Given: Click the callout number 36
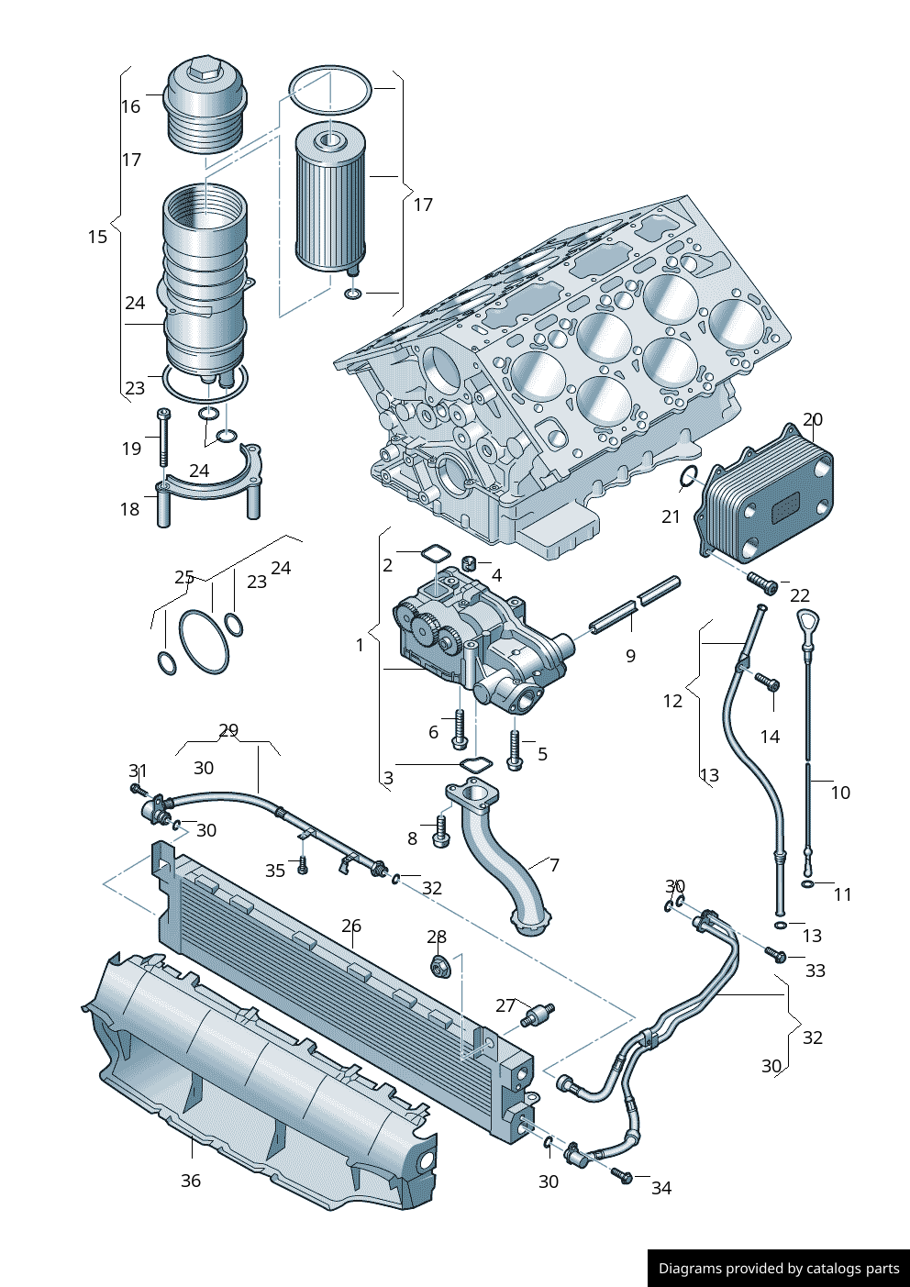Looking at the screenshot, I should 190,1181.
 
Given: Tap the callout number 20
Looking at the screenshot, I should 813,420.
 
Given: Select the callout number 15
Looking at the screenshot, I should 97,237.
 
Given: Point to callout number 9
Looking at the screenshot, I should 630,656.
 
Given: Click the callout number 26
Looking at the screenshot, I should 351,926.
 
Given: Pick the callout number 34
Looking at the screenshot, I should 661,1188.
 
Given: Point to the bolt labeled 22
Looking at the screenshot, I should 761,582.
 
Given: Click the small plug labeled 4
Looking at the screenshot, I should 469,562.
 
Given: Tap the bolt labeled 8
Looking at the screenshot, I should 440,832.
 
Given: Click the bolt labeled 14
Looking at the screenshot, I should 767,682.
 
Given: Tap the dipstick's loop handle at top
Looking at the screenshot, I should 805,621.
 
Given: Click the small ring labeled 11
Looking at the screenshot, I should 806,883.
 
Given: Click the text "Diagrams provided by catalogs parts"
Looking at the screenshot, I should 779,1269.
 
